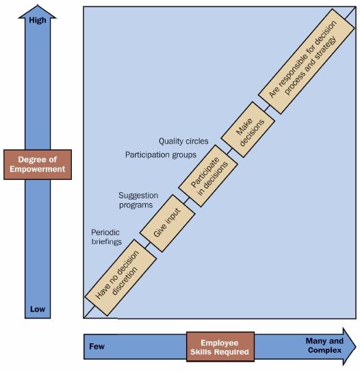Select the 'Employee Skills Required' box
(x=220, y=347)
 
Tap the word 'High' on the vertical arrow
(x=38, y=21)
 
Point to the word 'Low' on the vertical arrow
(x=38, y=309)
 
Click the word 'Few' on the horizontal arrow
(x=97, y=346)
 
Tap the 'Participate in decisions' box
(x=207, y=178)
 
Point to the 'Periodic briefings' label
(x=106, y=237)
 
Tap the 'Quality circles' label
(x=183, y=141)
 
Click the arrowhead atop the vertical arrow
(x=38, y=10)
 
